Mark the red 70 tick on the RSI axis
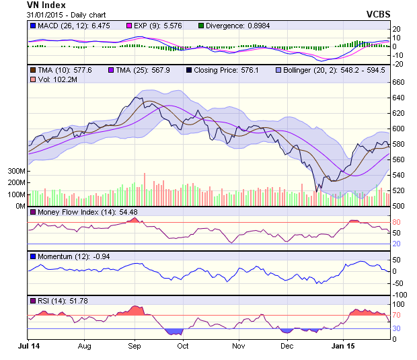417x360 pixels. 396,314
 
